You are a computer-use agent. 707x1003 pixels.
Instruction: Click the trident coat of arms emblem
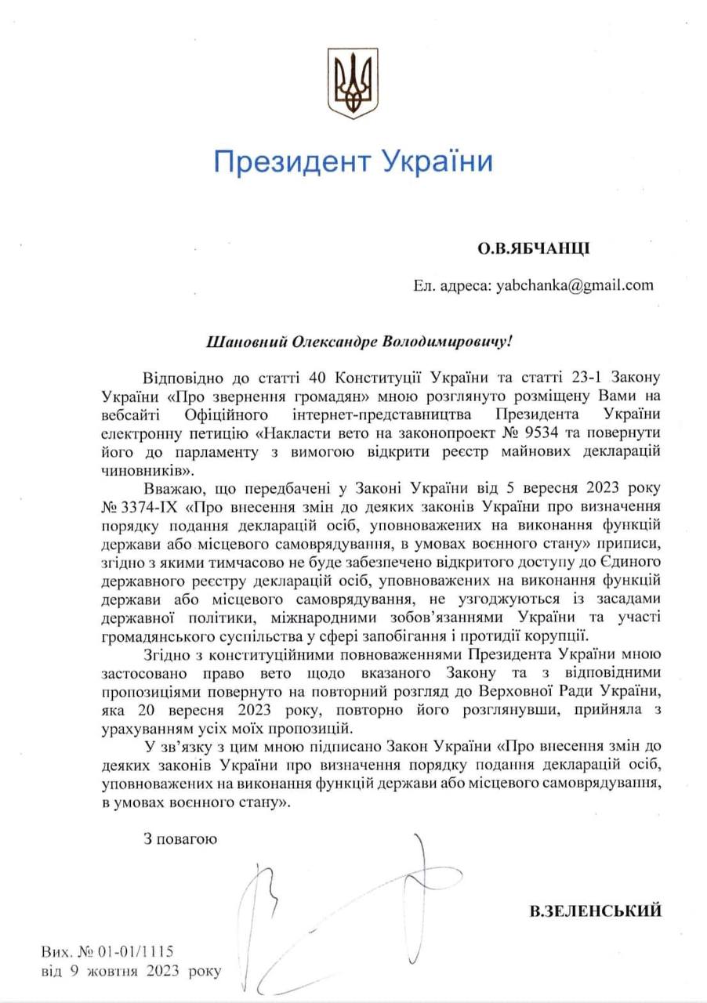353,84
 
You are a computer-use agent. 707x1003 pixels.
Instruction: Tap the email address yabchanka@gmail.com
575,285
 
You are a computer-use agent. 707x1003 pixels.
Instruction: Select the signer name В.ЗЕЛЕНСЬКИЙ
596,911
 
